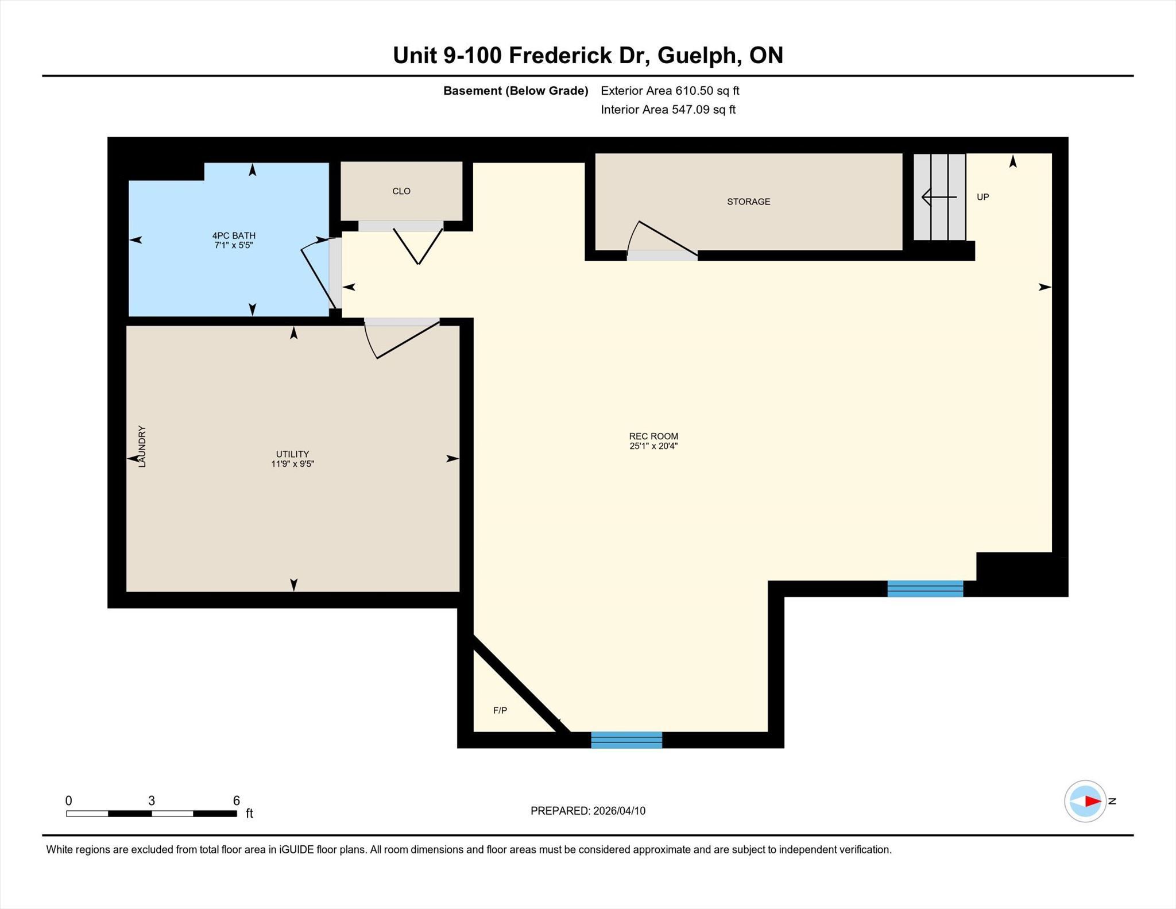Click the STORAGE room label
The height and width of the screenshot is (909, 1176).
pos(748,202)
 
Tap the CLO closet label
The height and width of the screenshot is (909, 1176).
pos(401,191)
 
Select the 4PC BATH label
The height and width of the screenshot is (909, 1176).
pos(234,235)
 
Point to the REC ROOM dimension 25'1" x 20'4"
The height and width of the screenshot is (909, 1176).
pos(653,446)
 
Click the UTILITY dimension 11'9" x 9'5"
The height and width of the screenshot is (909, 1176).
pos(293,464)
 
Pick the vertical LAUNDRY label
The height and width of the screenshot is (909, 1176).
pos(142,446)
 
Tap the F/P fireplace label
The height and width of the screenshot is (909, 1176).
pos(500,710)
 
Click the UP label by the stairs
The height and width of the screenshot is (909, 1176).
pos(983,197)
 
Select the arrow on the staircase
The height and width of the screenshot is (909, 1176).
pos(939,197)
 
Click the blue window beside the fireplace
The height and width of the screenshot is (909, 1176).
pos(626,740)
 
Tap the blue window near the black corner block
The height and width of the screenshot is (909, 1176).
pos(925,589)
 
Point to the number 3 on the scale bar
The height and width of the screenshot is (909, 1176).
pos(152,800)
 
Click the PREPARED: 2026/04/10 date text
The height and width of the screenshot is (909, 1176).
pos(588,811)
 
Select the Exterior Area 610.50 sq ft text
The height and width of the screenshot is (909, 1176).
pos(670,91)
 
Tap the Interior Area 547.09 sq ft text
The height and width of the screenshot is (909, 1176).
pos(668,110)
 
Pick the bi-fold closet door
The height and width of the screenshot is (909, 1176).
pos(418,246)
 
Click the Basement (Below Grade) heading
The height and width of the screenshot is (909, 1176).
pos(516,91)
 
